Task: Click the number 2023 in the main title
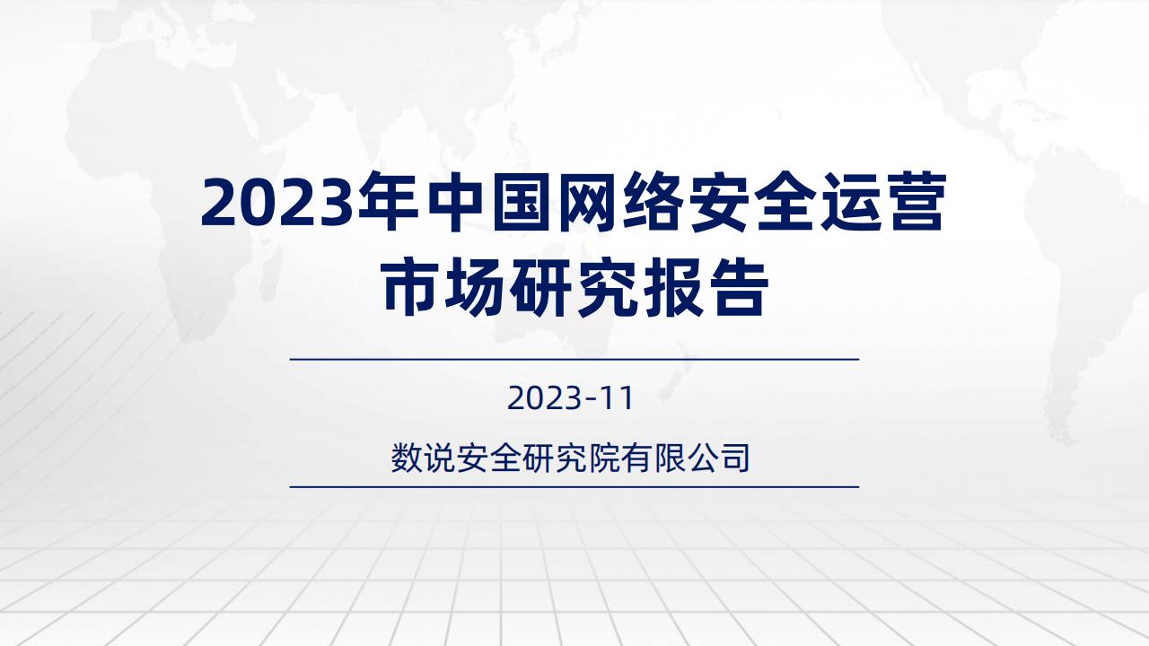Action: (277, 202)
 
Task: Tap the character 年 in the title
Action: (387, 201)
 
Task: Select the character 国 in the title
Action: (522, 201)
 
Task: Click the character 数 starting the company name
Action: (407, 458)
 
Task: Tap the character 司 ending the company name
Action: (734, 458)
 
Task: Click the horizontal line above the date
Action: (574, 360)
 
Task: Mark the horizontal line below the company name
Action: (574, 487)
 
